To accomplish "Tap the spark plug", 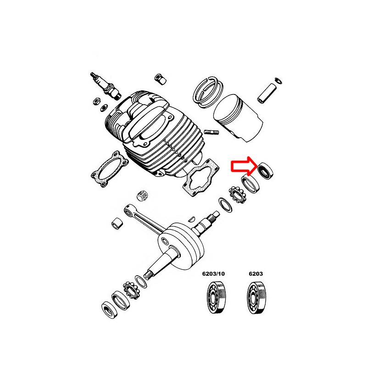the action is (106, 86).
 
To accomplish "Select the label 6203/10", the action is (213, 273).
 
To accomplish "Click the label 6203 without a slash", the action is (256, 273).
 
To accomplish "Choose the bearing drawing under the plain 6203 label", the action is (256, 298).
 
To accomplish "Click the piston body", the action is (238, 118).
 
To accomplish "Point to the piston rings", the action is (208, 92).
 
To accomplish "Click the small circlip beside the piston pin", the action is (278, 81).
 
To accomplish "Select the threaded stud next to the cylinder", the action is (211, 133).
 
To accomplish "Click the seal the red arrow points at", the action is (265, 171).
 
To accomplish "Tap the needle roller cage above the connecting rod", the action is (143, 195).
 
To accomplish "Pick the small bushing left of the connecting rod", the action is (117, 224).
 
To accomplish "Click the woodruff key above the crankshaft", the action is (192, 219).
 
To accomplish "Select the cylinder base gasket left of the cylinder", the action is (110, 169).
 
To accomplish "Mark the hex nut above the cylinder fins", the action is (161, 79).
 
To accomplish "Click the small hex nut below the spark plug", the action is (96, 101).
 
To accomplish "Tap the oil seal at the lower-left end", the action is (110, 311).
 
